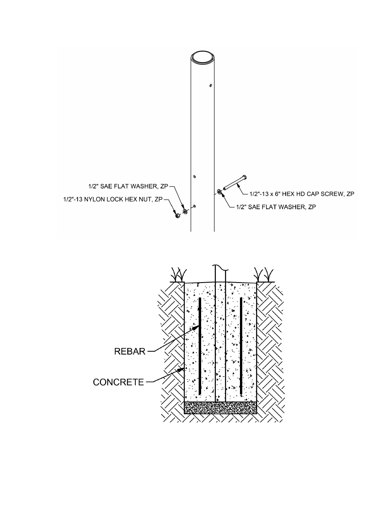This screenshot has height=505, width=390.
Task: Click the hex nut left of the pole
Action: [x=177, y=215]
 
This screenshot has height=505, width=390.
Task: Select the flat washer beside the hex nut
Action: [x=185, y=211]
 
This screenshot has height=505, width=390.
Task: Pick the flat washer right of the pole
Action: [x=219, y=191]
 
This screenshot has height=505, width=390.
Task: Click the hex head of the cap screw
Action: [x=244, y=177]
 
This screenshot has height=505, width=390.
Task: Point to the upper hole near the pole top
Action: [x=211, y=85]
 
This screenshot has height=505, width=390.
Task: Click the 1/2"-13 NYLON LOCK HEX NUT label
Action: [x=113, y=200]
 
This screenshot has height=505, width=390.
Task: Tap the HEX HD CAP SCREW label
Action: [x=302, y=194]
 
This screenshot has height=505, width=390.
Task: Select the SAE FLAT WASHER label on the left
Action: [x=128, y=186]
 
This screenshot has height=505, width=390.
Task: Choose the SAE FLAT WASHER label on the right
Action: [x=276, y=207]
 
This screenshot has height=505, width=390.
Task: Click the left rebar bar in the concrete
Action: [x=200, y=346]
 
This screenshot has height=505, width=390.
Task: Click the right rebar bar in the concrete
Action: [x=241, y=346]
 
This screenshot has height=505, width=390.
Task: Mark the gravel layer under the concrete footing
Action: [x=220, y=408]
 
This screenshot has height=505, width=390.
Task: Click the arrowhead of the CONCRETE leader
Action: [x=181, y=369]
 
